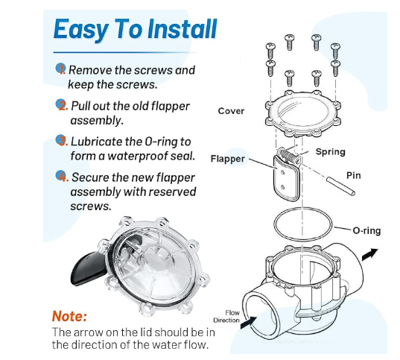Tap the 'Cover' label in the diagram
(x=230, y=111)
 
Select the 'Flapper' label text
(x=227, y=158)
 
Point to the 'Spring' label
(x=330, y=151)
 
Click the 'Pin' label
(x=354, y=176)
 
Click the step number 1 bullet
(x=60, y=69)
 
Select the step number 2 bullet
(x=60, y=104)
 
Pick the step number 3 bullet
(x=60, y=140)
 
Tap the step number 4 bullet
(x=60, y=177)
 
